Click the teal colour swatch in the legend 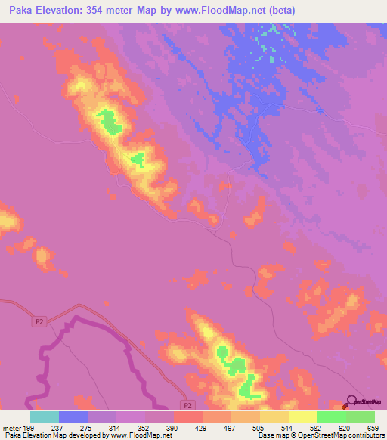point(45,417)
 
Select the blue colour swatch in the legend point(73,417)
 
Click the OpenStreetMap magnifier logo point(351,401)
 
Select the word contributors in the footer point(361,435)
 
